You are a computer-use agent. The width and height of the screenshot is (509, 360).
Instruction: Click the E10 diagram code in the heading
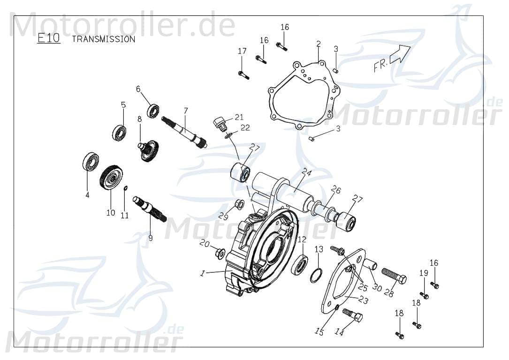tap(49, 38)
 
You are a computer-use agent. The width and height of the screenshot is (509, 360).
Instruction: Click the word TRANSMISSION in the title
tap(103, 39)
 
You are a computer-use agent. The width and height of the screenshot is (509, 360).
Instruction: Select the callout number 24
tap(307, 172)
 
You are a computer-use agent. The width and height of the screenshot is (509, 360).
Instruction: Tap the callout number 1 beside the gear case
tap(202, 273)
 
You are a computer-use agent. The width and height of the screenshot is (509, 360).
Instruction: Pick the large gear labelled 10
tap(111, 178)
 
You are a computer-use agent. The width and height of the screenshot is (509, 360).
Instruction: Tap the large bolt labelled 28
tap(394, 275)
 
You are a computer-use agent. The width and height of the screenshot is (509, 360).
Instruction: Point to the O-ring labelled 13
tap(317, 276)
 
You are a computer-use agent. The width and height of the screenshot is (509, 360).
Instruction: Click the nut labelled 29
tap(238, 204)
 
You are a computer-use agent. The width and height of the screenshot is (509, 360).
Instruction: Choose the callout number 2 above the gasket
tap(319, 44)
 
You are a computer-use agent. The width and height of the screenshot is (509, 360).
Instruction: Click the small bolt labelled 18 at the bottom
tap(399, 335)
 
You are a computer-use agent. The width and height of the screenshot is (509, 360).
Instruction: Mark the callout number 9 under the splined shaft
tap(151, 238)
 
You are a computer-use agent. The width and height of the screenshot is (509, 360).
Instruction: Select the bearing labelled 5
tap(119, 133)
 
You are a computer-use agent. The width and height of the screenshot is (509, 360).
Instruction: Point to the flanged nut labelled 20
tap(219, 254)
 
